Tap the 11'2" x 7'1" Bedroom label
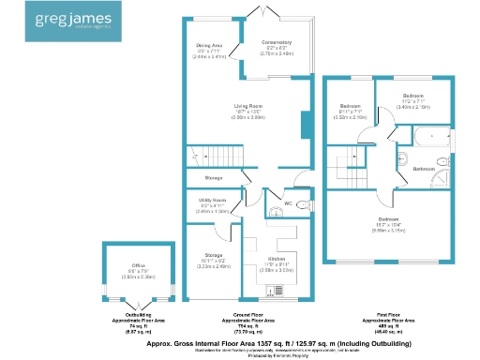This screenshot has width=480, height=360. tap(413, 97)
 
